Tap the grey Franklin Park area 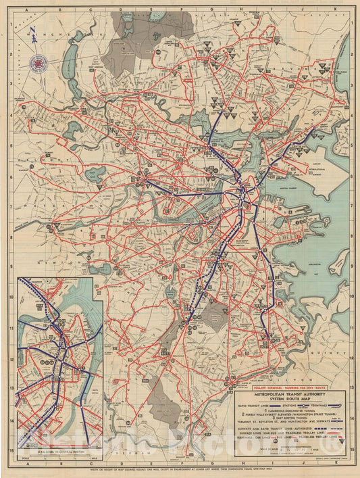pos(215,315)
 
